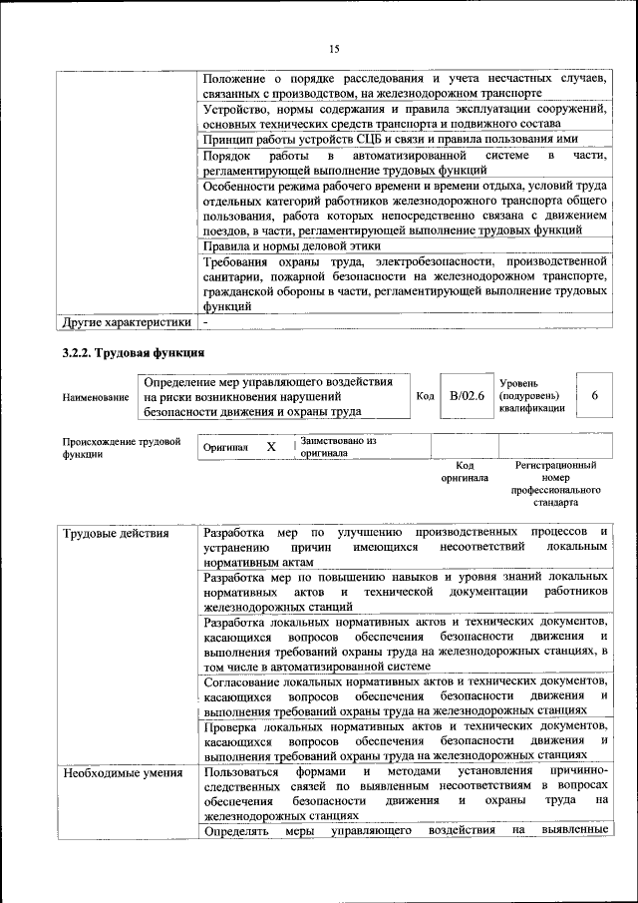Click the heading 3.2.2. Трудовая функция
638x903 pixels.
coord(134,353)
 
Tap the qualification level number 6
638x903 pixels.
coord(595,396)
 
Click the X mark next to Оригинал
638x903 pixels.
coord(270,448)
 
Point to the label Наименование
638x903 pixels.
coord(96,397)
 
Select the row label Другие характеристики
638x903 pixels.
coord(126,322)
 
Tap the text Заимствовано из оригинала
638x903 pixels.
coord(339,446)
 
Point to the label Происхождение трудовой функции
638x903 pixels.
coord(121,446)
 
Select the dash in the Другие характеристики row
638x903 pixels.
coord(205,322)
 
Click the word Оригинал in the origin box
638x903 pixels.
coord(225,448)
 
